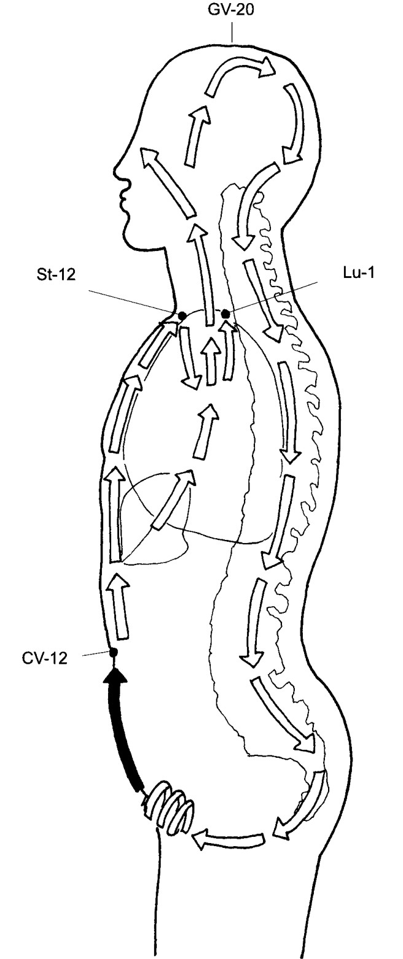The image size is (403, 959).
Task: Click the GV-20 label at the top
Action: coord(231,10)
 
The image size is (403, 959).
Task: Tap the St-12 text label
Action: coord(55,274)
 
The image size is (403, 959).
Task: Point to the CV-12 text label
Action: coord(45,658)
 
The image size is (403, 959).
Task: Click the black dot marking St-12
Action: coord(182,315)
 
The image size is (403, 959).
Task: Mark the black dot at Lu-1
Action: coord(225,314)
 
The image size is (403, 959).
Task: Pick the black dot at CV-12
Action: coord(113,652)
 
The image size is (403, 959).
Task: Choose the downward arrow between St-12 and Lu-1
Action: coord(189,358)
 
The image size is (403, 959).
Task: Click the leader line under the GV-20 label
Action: coord(232,31)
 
